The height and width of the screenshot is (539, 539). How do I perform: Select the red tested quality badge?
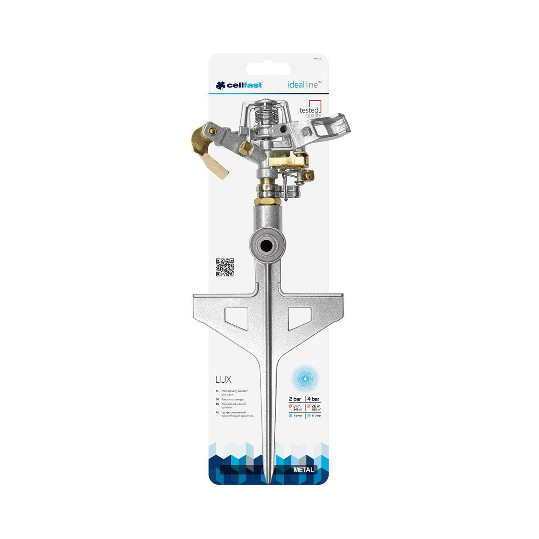(310, 109)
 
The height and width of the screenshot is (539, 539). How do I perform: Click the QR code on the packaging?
(225, 267)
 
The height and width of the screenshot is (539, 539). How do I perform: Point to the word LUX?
(223, 380)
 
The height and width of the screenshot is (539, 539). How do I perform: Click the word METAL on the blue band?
(304, 470)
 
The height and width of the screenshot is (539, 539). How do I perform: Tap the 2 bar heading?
(295, 399)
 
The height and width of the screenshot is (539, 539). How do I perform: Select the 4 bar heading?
(313, 399)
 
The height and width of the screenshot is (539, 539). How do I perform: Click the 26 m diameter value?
(316, 406)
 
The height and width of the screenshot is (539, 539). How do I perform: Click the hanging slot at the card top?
(268, 69)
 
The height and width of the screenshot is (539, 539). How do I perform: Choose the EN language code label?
(217, 404)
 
